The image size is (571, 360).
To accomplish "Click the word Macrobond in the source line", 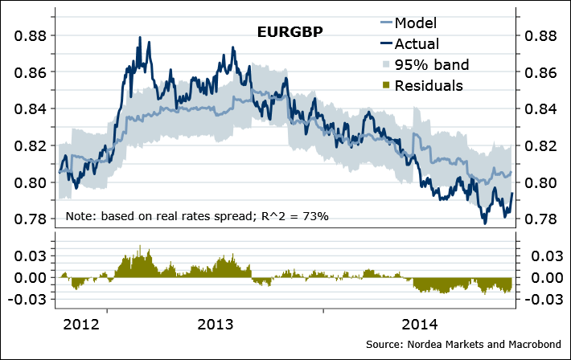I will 529,344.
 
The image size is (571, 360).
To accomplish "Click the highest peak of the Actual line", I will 140,37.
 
